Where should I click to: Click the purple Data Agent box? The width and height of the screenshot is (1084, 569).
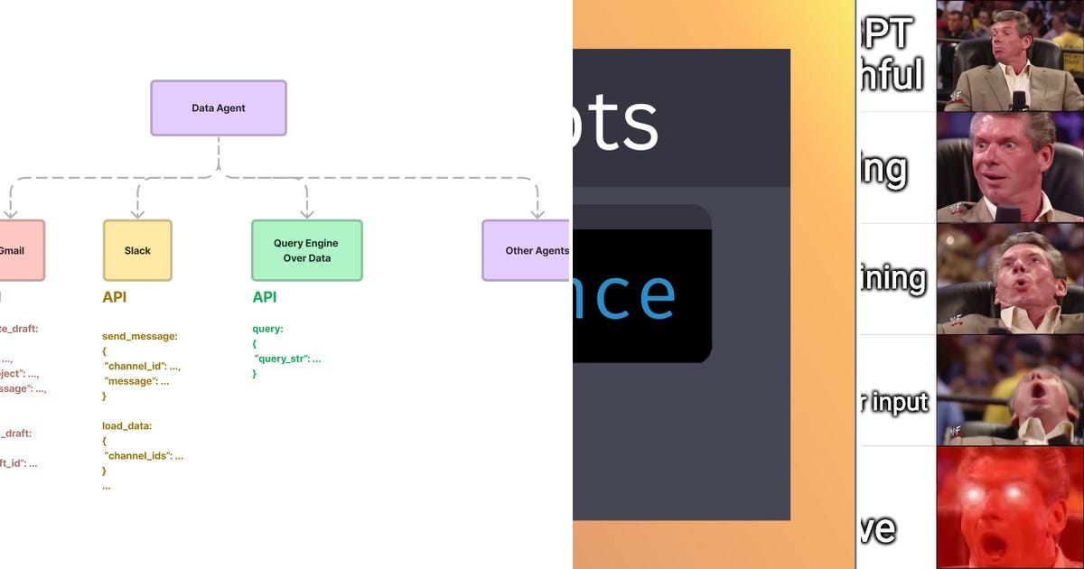click(219, 108)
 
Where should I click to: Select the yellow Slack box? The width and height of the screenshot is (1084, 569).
click(137, 250)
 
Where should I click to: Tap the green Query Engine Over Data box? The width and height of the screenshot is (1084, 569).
click(306, 250)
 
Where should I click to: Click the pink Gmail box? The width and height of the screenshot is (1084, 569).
click(18, 250)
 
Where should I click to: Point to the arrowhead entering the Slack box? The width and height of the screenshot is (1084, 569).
click(137, 213)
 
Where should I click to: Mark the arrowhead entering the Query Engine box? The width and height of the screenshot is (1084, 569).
click(306, 213)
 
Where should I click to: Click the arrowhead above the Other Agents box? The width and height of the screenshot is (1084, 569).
click(537, 213)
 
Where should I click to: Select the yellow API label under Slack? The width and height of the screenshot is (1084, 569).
click(115, 297)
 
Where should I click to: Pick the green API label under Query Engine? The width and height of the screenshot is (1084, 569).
click(265, 297)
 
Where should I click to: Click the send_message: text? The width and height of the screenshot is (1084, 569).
click(140, 336)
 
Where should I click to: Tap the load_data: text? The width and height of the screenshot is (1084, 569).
click(126, 425)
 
